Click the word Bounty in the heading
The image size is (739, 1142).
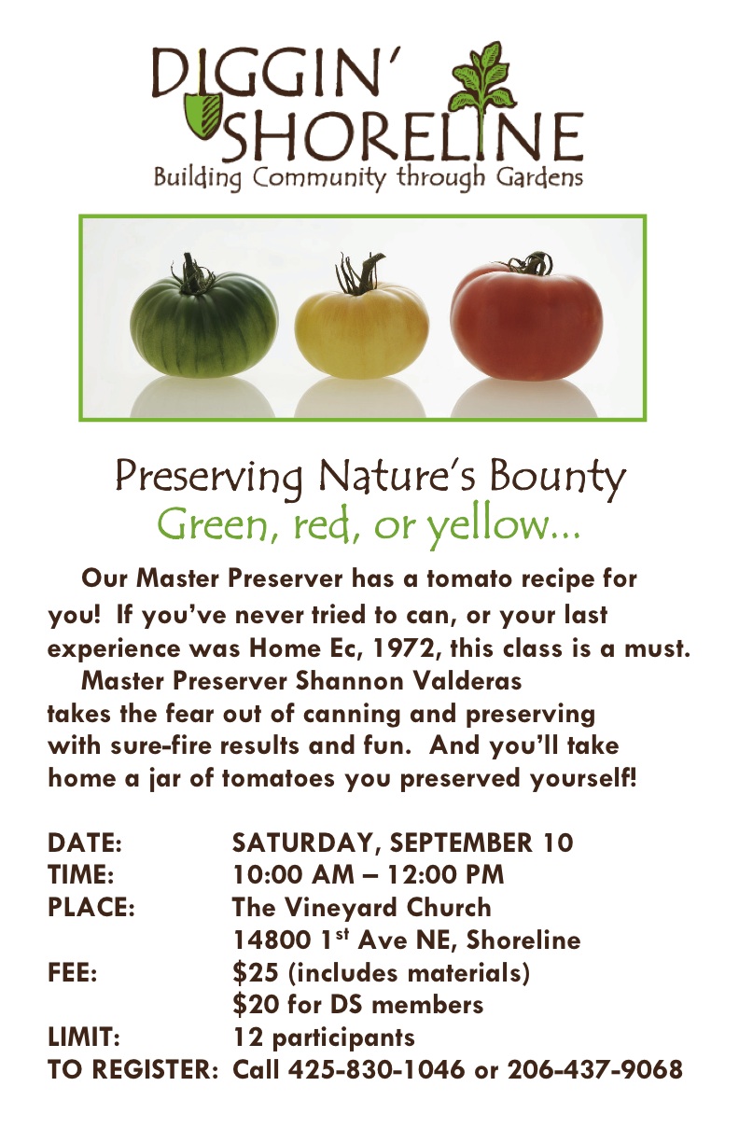557,477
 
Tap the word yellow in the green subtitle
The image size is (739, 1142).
488,526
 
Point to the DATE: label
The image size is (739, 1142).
85,843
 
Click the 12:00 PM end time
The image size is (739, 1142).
445,875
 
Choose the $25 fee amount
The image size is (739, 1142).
256,973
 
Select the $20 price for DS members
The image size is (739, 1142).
256,1006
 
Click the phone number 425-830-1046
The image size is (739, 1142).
376,1069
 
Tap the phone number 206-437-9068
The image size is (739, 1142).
594,1069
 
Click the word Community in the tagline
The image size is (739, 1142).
319,179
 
